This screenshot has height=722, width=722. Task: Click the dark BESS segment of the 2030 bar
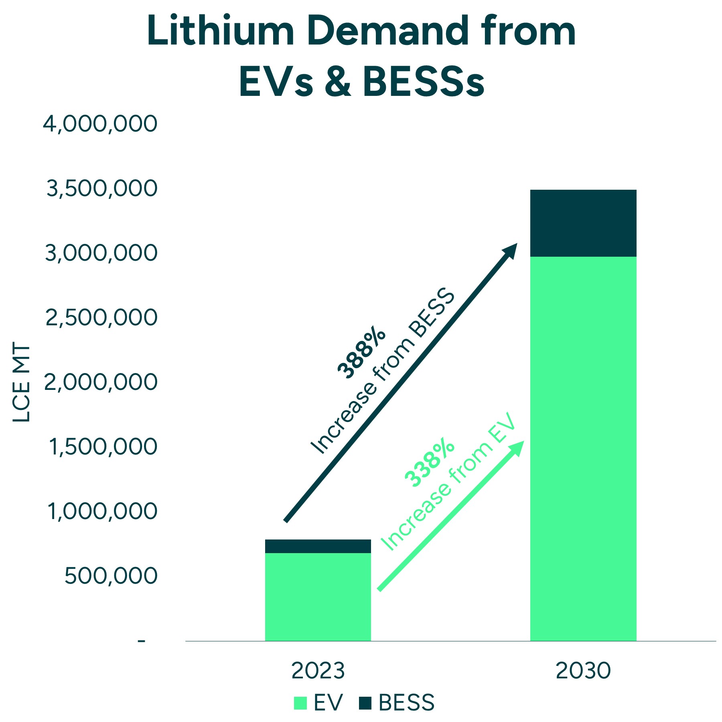point(583,223)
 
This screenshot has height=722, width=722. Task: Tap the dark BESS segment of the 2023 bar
point(318,546)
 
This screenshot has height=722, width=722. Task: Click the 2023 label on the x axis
point(318,671)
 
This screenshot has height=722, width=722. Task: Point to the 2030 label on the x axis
point(583,671)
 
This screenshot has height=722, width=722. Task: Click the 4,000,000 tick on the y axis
point(100,124)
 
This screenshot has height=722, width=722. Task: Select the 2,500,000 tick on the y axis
point(101,318)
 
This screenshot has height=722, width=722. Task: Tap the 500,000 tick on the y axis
point(111,576)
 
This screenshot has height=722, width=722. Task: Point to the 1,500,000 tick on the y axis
point(103,447)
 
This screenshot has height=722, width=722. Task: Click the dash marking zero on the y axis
point(141,641)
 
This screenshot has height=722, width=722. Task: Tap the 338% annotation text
point(429,462)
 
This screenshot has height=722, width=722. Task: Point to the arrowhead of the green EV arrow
point(518,447)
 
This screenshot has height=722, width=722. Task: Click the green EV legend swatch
point(300,703)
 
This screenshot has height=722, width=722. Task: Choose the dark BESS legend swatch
point(365,703)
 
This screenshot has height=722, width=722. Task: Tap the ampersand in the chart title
point(338,82)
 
